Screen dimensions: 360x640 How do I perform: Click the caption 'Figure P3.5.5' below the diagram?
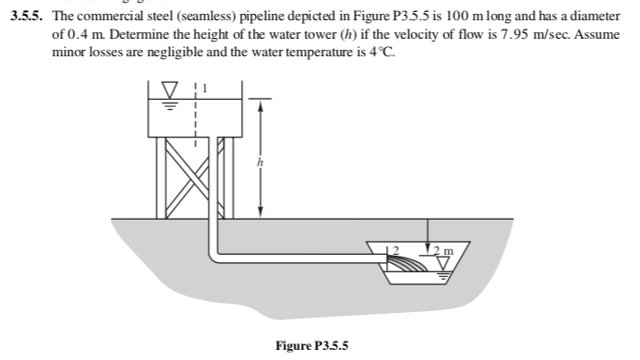point(311,344)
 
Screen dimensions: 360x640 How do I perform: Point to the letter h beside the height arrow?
point(260,163)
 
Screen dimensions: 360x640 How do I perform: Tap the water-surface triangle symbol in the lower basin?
point(444,265)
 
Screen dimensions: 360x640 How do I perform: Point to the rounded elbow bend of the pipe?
point(220,251)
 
